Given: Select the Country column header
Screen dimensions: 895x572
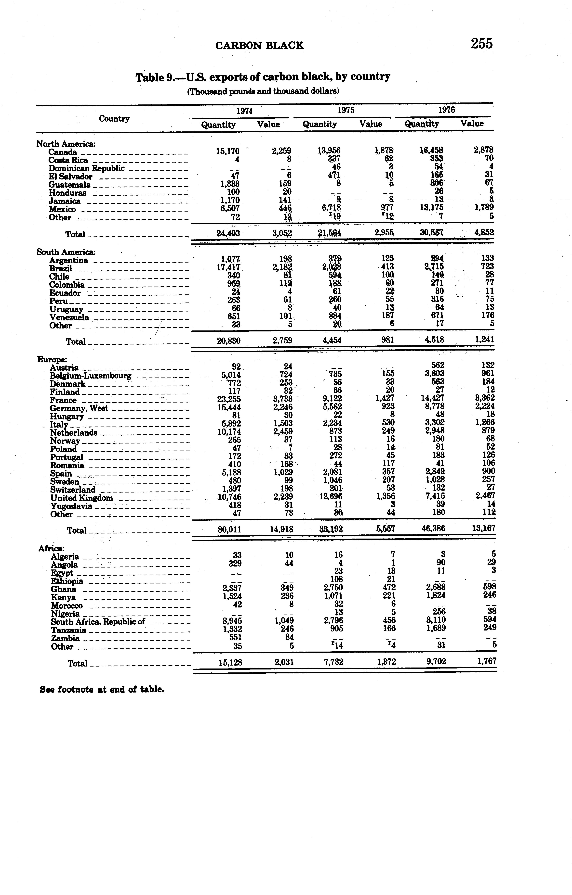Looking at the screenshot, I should [114, 119].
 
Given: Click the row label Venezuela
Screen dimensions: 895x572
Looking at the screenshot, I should [69, 317].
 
